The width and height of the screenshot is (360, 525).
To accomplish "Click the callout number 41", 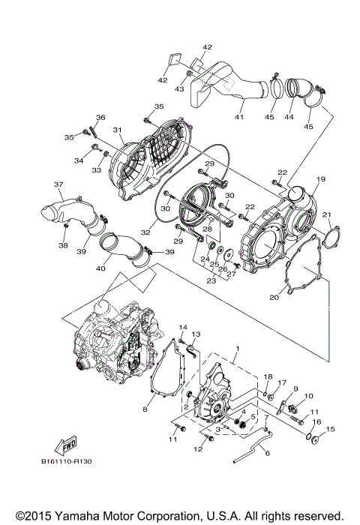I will [x=238, y=116].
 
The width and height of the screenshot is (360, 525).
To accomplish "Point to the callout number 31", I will [x=118, y=130].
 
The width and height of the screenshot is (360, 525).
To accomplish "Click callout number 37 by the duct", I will [x=58, y=184].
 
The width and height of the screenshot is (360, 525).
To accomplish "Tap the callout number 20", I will [x=274, y=297].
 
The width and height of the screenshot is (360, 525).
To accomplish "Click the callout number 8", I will [x=145, y=409].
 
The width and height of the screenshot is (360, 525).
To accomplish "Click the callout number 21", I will [x=326, y=216].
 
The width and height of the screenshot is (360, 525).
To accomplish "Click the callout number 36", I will [x=100, y=117].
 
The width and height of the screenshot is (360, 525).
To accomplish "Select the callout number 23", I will [x=211, y=281].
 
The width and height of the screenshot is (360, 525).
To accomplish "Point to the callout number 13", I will [x=196, y=334].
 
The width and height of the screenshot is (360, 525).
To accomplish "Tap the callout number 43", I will [x=179, y=88].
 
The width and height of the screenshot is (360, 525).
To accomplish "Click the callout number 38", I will [x=63, y=245].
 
